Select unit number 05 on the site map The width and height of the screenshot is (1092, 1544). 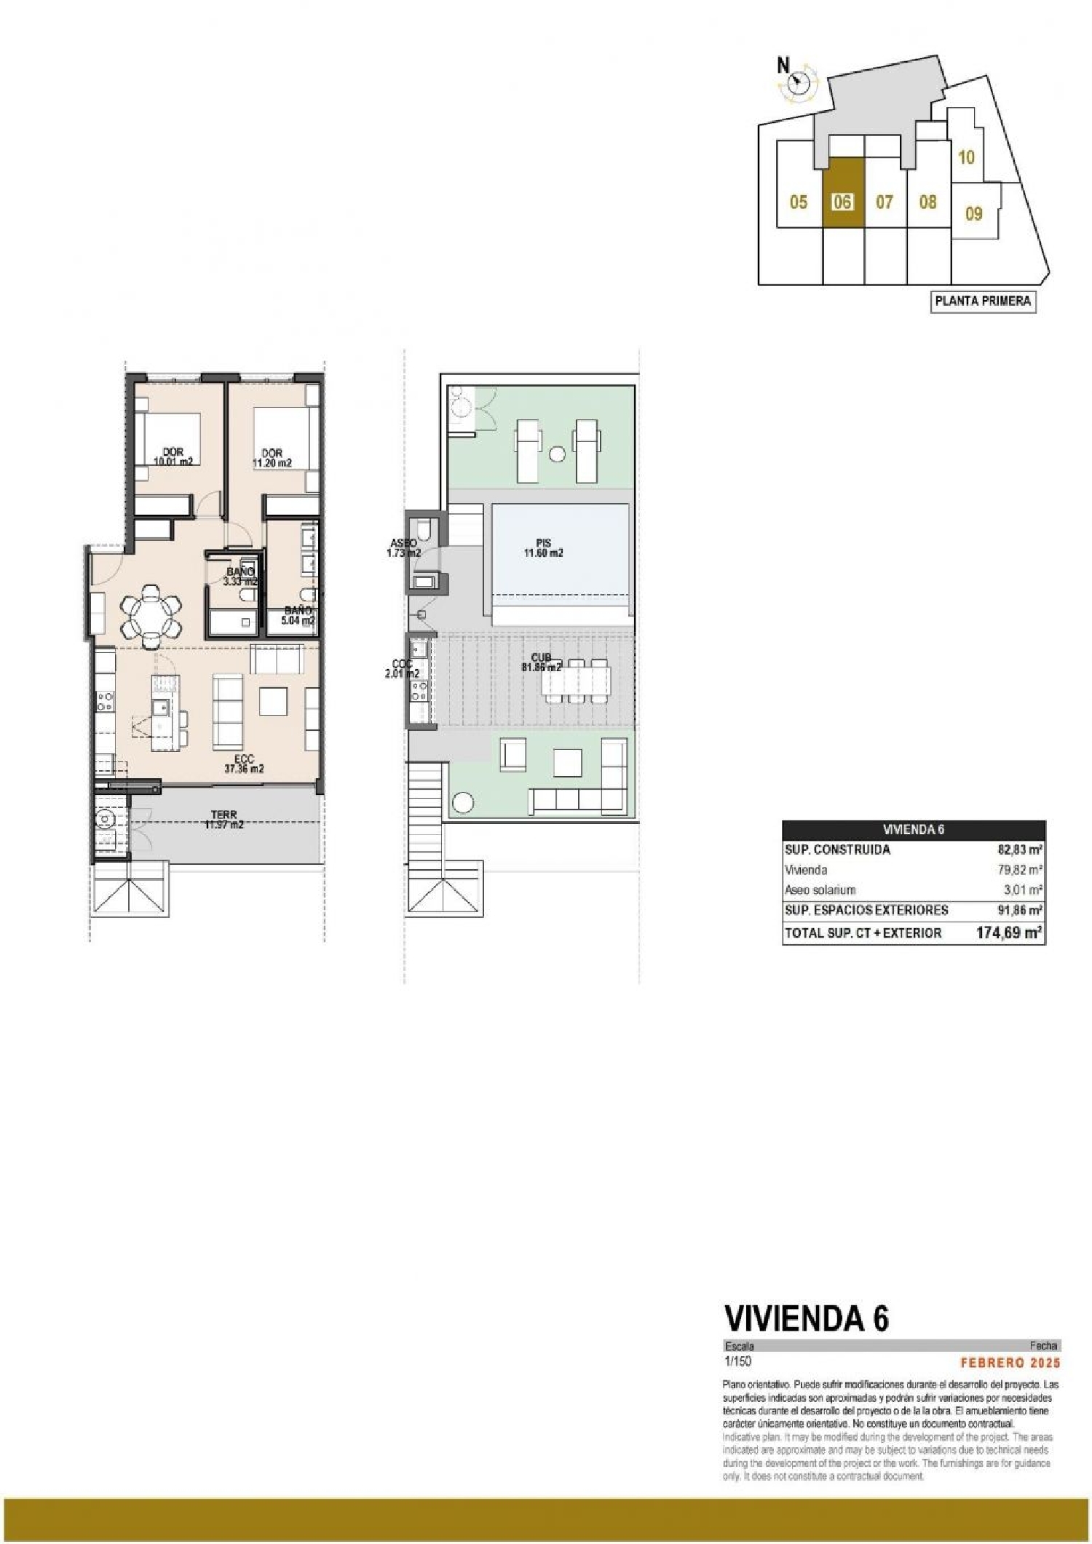click(x=799, y=202)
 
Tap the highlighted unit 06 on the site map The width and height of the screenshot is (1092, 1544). click(x=842, y=202)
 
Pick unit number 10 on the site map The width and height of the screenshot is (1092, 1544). click(x=966, y=157)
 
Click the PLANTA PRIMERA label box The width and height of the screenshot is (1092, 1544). click(x=983, y=301)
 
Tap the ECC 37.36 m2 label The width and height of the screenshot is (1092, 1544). click(x=244, y=764)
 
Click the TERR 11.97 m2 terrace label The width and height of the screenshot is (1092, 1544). click(x=223, y=820)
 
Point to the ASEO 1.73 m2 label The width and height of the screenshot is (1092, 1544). click(x=403, y=547)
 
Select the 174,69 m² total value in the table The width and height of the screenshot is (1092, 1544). click(x=1008, y=933)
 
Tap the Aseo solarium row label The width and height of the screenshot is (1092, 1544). click(x=820, y=890)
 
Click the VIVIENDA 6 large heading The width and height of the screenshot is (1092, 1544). click(x=806, y=1318)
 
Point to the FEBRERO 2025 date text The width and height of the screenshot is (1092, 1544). click(x=1010, y=1363)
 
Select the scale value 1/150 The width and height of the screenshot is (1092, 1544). click(x=737, y=1361)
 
